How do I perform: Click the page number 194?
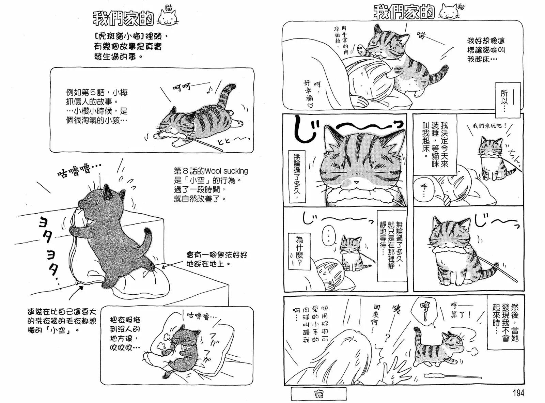(x=518, y=393)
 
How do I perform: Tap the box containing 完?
(x=318, y=394)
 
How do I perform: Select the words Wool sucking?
(x=227, y=171)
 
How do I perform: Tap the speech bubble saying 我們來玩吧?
(x=489, y=126)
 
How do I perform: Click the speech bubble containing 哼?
(x=425, y=310)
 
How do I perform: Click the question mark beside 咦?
(x=387, y=337)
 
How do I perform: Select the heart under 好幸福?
(x=310, y=106)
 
